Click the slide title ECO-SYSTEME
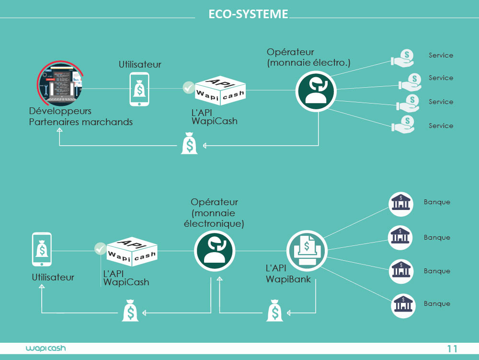pyautogui.click(x=248, y=14)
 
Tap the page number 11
pyautogui.click(x=452, y=348)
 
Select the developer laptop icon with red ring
pyautogui.click(x=60, y=85)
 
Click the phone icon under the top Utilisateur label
pyautogui.click(x=139, y=89)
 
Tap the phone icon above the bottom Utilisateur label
pyautogui.click(x=42, y=249)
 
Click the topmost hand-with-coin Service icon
pyautogui.click(x=403, y=58)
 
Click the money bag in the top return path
pyautogui.click(x=189, y=144)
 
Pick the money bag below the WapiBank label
pyautogui.click(x=274, y=311)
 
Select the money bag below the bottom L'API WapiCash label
pyautogui.click(x=130, y=311)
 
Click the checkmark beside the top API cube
pyautogui.click(x=189, y=88)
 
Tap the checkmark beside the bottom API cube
pyautogui.click(x=100, y=248)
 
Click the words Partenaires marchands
pyautogui.click(x=80, y=122)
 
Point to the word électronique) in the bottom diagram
pyautogui.click(x=214, y=223)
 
